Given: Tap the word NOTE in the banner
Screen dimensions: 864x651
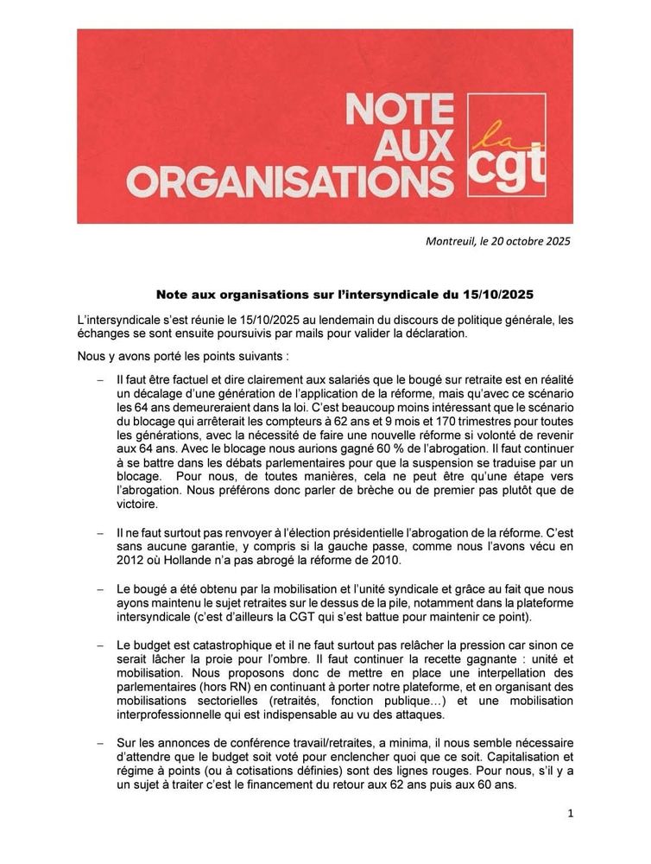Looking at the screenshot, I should (400, 111).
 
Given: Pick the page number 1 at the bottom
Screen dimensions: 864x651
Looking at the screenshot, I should (571, 812).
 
